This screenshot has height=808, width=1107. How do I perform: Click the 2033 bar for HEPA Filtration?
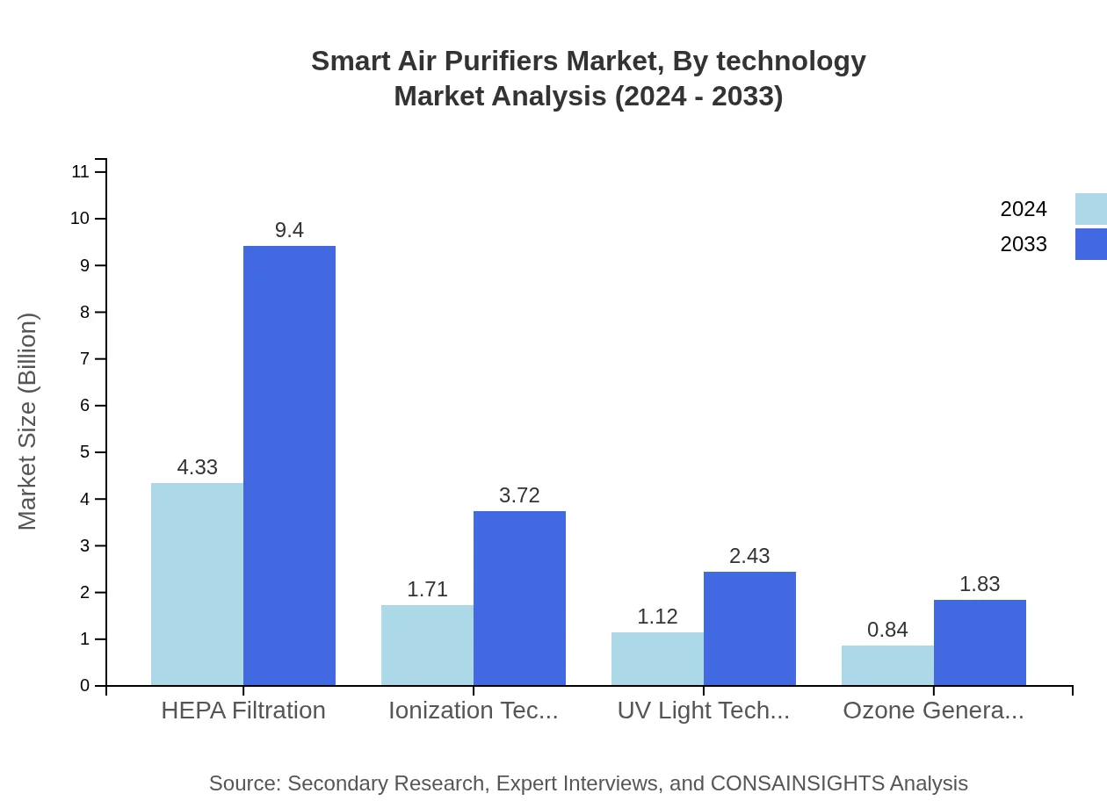pos(289,465)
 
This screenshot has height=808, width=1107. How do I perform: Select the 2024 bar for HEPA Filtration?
pos(197,584)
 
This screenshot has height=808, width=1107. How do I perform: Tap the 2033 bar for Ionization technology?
pos(519,598)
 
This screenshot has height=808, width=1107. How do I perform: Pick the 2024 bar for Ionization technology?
pos(427,645)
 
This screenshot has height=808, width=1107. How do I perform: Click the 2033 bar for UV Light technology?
pos(749,628)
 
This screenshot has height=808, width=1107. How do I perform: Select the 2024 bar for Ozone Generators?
pos(887,665)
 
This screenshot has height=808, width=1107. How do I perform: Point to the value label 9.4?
pos(289,230)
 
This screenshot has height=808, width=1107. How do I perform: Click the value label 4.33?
pos(197,467)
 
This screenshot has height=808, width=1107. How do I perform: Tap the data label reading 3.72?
pos(519,495)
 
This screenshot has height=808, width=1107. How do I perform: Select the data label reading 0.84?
pos(887,630)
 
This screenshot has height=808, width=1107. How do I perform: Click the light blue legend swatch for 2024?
pos(1090,209)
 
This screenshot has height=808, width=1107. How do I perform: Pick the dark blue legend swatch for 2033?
pos(1090,244)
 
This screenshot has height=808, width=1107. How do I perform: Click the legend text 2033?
pos(1024,244)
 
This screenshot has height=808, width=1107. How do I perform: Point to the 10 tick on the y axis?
pos(80,219)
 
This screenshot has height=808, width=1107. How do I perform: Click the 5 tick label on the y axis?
pos(84,452)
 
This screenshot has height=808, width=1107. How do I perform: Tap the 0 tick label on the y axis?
pos(84,686)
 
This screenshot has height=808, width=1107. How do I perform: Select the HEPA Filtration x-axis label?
pos(243,711)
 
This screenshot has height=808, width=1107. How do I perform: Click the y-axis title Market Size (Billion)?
pos(27,422)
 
